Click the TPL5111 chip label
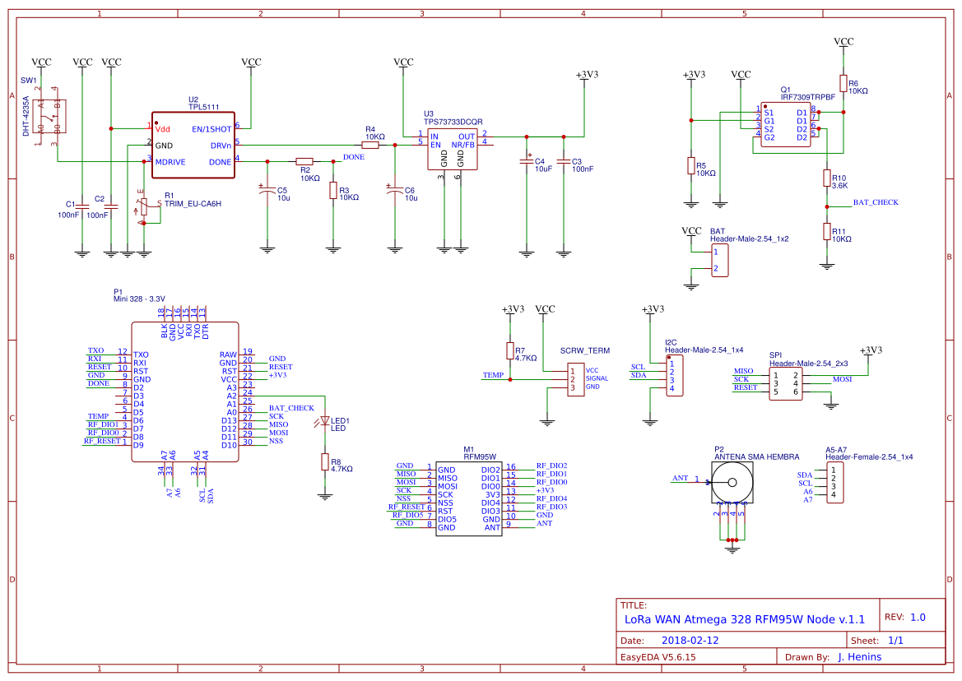[202, 108]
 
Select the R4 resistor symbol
[370, 145]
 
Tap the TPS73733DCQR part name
[453, 121]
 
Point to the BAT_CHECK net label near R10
[875, 202]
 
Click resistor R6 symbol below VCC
[843, 83]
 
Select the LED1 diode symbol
[324, 422]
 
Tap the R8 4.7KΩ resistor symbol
[324, 462]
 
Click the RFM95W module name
[479, 455]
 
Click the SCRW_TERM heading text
[584, 350]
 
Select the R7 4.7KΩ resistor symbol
[510, 351]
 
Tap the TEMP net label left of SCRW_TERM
[493, 375]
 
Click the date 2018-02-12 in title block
[690, 640]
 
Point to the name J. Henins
[859, 656]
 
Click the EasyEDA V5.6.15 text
[658, 656]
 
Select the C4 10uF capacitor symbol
[527, 161]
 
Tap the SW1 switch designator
[29, 81]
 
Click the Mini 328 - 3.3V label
[139, 299]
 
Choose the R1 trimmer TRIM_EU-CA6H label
[193, 203]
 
